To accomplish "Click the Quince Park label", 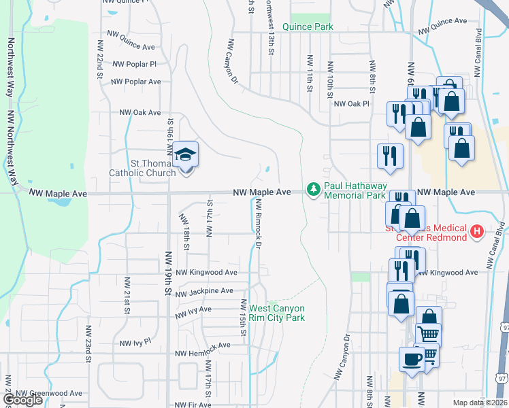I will click(x=308, y=27).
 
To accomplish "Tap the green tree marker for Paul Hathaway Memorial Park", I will click(x=313, y=189).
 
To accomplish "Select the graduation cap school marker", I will click(x=185, y=156).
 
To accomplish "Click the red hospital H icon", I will click(x=477, y=232).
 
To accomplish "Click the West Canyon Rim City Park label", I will click(x=276, y=313).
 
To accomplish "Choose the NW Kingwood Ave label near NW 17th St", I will click(x=206, y=273).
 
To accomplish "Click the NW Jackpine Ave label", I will click(x=205, y=292).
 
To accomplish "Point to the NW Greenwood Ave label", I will click(x=49, y=393).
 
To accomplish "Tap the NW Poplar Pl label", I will click(x=135, y=64).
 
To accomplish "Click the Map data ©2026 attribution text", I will click(x=480, y=403).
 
